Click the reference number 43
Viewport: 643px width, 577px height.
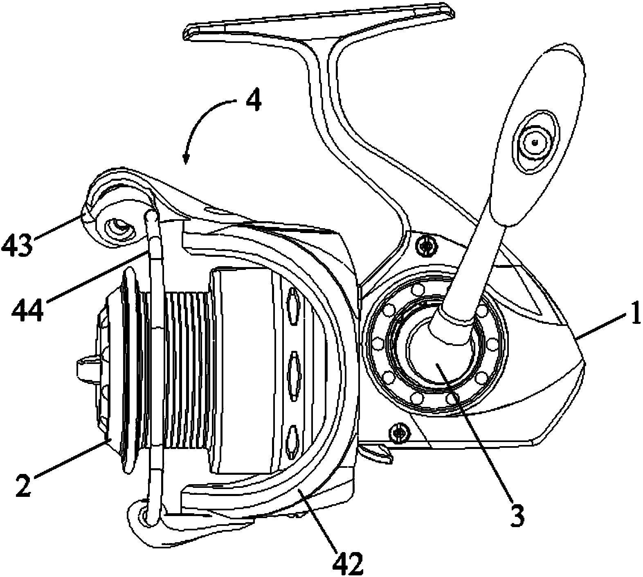[x=16, y=244]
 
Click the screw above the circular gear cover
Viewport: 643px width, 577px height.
[x=426, y=246]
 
